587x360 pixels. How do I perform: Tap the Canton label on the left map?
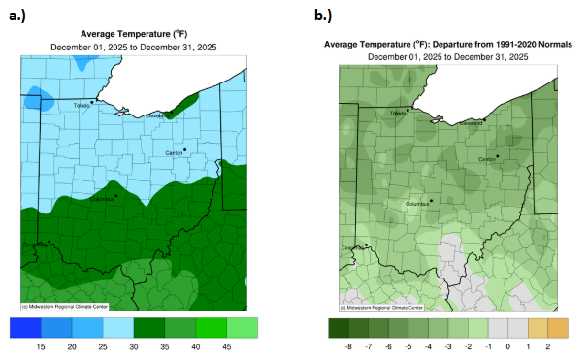174,152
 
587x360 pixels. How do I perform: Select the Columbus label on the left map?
102,199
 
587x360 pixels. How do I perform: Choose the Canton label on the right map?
487,160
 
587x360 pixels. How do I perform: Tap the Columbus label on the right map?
418,205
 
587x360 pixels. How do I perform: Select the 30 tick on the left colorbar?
134,346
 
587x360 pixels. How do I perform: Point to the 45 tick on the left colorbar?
225,346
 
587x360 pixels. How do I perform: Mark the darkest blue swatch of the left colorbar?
29,327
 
